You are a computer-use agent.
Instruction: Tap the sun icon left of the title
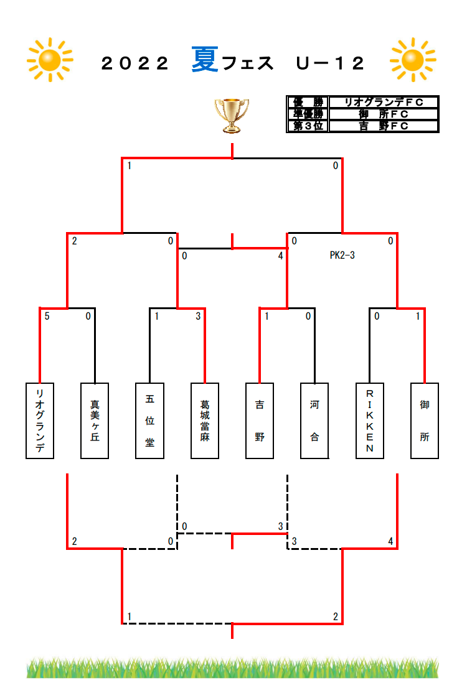tap(50, 60)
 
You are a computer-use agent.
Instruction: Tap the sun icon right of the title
tap(413, 60)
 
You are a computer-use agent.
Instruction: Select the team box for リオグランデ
tap(40, 421)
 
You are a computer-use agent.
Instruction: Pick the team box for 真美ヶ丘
tap(95, 421)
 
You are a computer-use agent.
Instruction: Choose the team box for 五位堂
tap(149, 421)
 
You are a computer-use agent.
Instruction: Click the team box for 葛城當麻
tap(205, 421)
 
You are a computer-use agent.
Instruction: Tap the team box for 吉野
tap(260, 421)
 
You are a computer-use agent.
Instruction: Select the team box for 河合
tap(314, 421)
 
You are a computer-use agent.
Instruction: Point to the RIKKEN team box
tap(369, 421)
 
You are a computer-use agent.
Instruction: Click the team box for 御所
tap(425, 421)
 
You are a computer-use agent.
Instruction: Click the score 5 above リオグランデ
tap(47, 316)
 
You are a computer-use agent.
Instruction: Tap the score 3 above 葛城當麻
tap(198, 316)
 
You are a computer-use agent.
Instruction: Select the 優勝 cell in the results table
tap(307, 102)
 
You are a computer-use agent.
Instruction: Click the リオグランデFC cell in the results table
tap(384, 102)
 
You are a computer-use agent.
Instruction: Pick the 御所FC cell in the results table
tap(384, 114)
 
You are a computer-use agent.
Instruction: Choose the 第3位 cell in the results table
tap(307, 126)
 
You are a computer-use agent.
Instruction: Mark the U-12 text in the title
tap(330, 63)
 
